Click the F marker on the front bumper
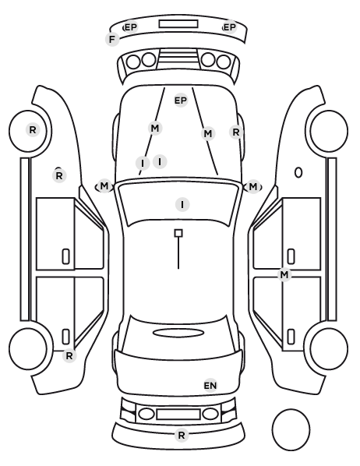(x=112, y=39)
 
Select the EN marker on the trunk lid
(x=210, y=386)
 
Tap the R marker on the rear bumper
(x=182, y=436)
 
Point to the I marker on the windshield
(x=182, y=204)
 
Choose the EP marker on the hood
(x=181, y=101)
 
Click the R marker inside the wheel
(x=33, y=130)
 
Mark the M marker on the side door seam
(x=284, y=274)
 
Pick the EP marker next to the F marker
(x=130, y=27)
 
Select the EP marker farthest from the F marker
(x=229, y=27)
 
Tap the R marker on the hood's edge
(x=236, y=132)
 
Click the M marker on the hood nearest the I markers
(x=155, y=129)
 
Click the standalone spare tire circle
(x=291, y=429)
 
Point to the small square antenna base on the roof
(x=178, y=233)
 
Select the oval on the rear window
(x=178, y=333)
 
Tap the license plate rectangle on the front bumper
(x=178, y=24)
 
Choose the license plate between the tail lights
(x=178, y=414)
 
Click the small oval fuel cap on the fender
(x=298, y=172)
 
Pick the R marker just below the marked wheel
(x=59, y=175)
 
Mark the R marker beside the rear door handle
(x=69, y=356)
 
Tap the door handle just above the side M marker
(x=291, y=256)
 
